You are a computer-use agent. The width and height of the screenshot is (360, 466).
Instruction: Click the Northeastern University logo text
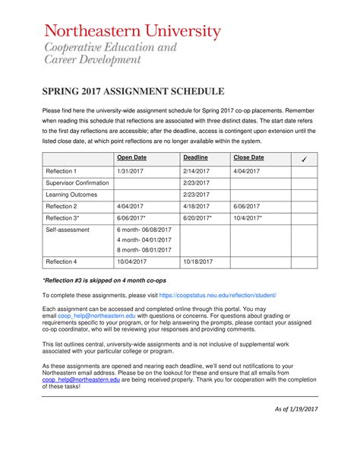(x=132, y=32)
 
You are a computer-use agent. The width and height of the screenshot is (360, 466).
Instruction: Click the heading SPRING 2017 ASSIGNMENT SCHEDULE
(x=133, y=91)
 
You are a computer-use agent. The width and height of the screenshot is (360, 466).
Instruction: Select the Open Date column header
(x=131, y=157)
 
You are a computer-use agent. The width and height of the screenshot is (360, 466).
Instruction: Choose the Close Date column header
(x=248, y=157)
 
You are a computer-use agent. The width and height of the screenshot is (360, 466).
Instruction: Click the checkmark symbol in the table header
(x=303, y=158)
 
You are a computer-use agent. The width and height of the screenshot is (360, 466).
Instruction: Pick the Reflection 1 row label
(x=62, y=172)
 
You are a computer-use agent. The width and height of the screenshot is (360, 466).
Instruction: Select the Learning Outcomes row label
(x=71, y=195)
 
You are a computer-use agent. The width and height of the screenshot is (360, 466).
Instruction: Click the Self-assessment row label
(x=68, y=229)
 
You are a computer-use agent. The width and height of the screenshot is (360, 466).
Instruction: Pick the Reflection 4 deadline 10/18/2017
(x=198, y=262)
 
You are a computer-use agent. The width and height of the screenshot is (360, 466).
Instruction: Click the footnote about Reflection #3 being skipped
(x=106, y=281)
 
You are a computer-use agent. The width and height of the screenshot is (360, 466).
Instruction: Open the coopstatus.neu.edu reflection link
(x=217, y=294)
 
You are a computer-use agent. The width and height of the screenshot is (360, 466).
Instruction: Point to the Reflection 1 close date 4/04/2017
(x=248, y=172)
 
